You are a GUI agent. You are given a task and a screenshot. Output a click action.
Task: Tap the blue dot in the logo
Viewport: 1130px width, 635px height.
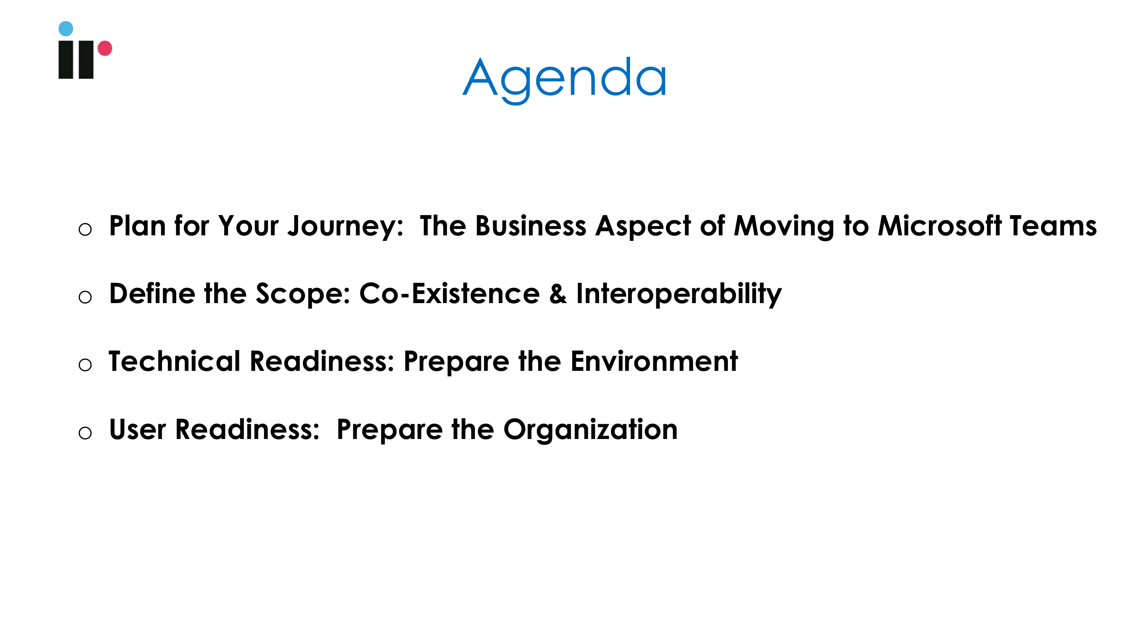click(66, 28)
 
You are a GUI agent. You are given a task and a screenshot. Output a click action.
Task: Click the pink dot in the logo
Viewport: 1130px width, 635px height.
click(105, 48)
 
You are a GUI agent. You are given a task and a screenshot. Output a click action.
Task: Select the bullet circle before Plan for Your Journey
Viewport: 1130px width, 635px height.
click(85, 229)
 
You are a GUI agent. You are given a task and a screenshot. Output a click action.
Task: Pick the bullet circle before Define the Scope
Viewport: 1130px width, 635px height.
click(85, 297)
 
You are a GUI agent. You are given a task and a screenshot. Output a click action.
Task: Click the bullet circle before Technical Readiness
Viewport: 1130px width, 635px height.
click(85, 364)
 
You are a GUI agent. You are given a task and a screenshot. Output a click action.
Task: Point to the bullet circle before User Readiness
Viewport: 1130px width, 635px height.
click(85, 433)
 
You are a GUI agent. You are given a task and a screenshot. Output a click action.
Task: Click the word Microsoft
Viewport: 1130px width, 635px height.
click(940, 226)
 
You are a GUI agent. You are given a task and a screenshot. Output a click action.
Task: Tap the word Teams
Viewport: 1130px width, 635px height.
click(1053, 226)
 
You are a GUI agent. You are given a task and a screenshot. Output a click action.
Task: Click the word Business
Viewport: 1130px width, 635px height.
click(531, 226)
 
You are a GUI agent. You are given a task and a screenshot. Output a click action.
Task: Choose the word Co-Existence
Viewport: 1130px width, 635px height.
click(450, 294)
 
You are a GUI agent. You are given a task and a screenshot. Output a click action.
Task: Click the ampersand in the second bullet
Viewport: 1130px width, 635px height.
click(558, 294)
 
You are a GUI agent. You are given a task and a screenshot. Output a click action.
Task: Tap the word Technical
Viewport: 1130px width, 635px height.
click(175, 362)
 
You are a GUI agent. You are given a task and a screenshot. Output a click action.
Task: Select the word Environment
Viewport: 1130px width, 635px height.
click(654, 362)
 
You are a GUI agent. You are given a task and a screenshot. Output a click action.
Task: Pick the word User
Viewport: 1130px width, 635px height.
click(137, 429)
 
